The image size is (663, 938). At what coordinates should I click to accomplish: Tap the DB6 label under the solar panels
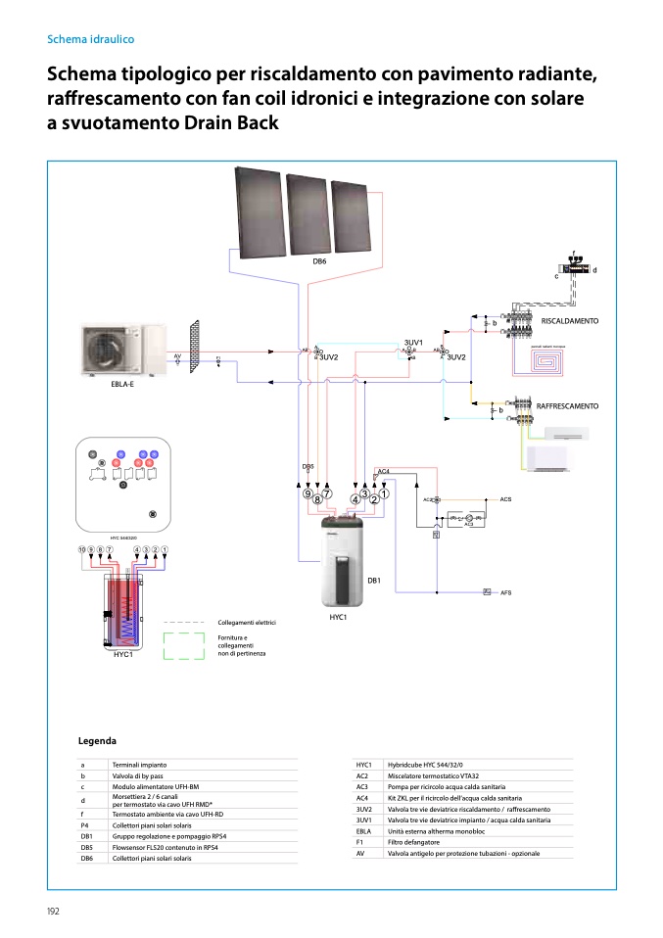click(319, 261)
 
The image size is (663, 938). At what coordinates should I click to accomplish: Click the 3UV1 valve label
click(413, 343)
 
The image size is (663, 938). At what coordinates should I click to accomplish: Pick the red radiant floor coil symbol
click(547, 363)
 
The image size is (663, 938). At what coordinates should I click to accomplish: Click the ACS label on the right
click(505, 499)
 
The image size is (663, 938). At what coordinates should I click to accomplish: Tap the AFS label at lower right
click(506, 592)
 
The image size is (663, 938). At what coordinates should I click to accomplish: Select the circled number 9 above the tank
click(308, 494)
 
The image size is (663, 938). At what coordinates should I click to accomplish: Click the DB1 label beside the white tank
click(373, 582)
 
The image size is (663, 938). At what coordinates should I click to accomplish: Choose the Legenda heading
click(97, 741)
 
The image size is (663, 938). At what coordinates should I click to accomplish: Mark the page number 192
click(53, 911)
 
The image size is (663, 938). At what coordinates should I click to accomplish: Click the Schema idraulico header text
click(90, 39)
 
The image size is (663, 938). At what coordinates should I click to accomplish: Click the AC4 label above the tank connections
click(384, 471)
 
